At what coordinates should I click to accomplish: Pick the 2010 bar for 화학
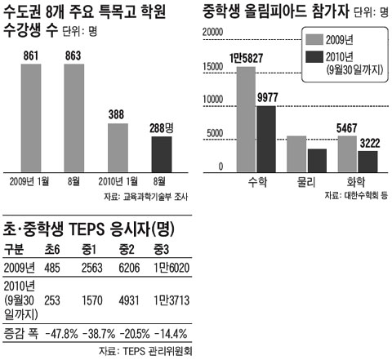367,159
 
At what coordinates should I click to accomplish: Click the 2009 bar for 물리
296,151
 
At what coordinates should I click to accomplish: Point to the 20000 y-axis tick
212,30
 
